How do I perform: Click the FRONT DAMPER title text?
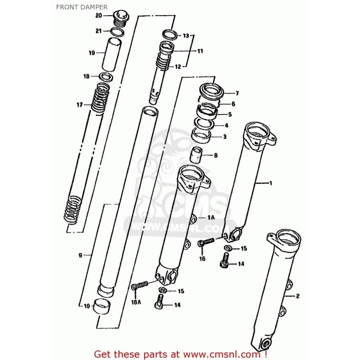point(82,7)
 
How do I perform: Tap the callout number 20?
point(98,16)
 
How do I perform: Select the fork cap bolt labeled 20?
point(122,18)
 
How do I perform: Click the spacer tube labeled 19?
point(112,55)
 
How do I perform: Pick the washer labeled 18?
point(106,77)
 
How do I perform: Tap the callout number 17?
point(80,105)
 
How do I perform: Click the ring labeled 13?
point(170,34)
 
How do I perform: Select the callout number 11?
point(200,51)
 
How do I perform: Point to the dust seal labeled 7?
point(211,91)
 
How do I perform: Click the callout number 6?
point(233,104)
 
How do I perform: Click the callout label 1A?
point(211,218)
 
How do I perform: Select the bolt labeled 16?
point(206,242)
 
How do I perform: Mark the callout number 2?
point(298,296)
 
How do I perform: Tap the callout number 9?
point(80,255)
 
